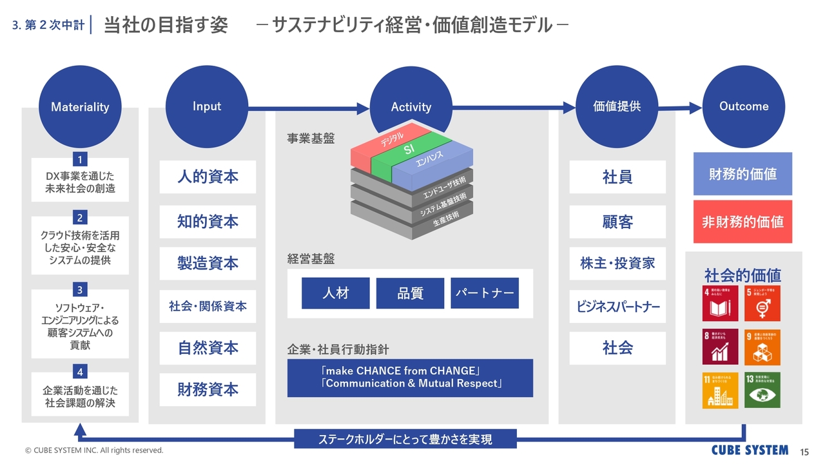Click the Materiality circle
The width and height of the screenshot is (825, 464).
pyautogui.click(x=80, y=107)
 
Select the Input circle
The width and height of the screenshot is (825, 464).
pyautogui.click(x=207, y=106)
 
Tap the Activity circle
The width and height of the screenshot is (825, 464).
pyautogui.click(x=411, y=107)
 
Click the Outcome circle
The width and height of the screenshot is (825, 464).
pyautogui.click(x=744, y=107)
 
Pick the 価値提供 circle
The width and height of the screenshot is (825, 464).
pyautogui.click(x=617, y=107)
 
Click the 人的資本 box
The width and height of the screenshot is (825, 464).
pyautogui.click(x=208, y=177)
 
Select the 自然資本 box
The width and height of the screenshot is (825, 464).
pyautogui.click(x=208, y=348)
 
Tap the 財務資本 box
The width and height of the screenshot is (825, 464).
pyautogui.click(x=208, y=389)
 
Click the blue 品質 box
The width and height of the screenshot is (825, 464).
pyautogui.click(x=410, y=293)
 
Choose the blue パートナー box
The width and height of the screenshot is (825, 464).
pyautogui.click(x=485, y=293)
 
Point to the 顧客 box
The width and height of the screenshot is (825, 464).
pyautogui.click(x=617, y=222)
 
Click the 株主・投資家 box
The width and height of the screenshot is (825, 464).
pyautogui.click(x=617, y=264)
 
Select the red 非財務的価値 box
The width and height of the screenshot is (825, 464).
pyautogui.click(x=742, y=222)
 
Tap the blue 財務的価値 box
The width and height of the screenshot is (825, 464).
pyautogui.click(x=742, y=174)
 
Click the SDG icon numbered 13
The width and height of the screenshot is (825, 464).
pyautogui.click(x=762, y=390)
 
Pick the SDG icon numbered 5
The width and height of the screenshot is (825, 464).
pyautogui.click(x=762, y=304)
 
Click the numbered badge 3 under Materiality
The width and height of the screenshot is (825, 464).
pyautogui.click(x=80, y=289)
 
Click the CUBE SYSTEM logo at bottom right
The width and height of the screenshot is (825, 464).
pyautogui.click(x=750, y=450)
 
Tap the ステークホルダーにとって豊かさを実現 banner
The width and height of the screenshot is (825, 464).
pyautogui.click(x=405, y=440)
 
